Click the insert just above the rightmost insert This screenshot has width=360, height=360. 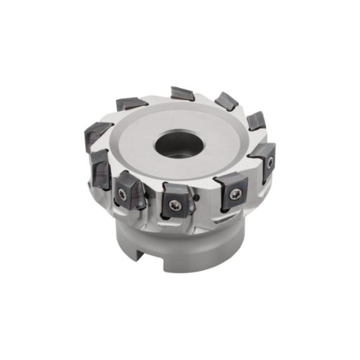pyautogui.click(x=256, y=121)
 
